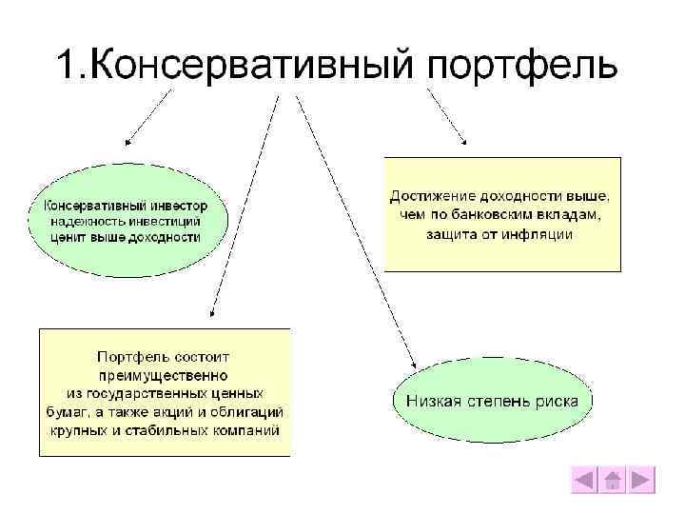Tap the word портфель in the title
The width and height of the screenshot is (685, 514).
tap(522, 67)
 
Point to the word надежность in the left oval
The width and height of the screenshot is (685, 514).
tap(84, 221)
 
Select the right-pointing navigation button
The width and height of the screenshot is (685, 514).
tap(642, 480)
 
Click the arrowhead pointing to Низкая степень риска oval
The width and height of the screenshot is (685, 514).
tap(413, 365)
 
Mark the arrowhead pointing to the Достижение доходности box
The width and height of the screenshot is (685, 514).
tap(463, 140)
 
